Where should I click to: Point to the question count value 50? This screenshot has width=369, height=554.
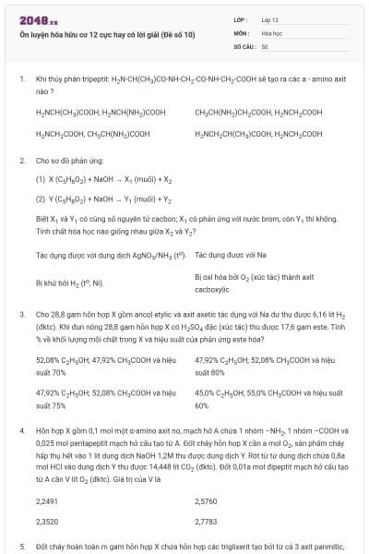[265, 45]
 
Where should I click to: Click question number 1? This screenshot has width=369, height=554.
[21, 80]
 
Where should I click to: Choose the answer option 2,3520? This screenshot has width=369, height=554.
[46, 521]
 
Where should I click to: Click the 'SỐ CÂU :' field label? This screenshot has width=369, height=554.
[244, 45]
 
